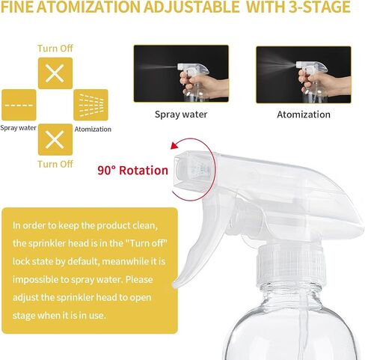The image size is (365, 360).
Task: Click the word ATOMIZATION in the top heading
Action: tap(88, 7)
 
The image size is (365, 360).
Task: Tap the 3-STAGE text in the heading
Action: tap(319, 7)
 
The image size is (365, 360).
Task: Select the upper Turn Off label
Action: tap(55, 49)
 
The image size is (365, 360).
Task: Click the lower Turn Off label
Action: tap(55, 164)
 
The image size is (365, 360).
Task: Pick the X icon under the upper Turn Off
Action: tap(55, 73)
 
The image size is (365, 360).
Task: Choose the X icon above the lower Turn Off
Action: tap(55, 140)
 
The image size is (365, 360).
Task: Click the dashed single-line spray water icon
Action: tap(19, 105)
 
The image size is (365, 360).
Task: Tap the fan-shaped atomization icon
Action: tap(91, 105)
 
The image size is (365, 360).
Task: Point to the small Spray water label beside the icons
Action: tap(18, 128)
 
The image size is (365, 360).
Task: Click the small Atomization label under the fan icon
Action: tap(93, 129)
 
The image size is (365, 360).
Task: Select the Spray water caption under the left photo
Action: tap(181, 115)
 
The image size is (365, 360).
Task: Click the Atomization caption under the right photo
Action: tap(304, 115)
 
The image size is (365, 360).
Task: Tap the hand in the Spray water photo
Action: tap(202, 85)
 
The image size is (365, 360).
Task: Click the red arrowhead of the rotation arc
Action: tap(174, 145)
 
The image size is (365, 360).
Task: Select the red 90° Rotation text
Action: tap(133, 171)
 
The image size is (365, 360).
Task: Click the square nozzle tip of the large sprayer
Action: tap(193, 171)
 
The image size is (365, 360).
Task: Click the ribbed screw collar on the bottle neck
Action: tap(291, 266)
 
